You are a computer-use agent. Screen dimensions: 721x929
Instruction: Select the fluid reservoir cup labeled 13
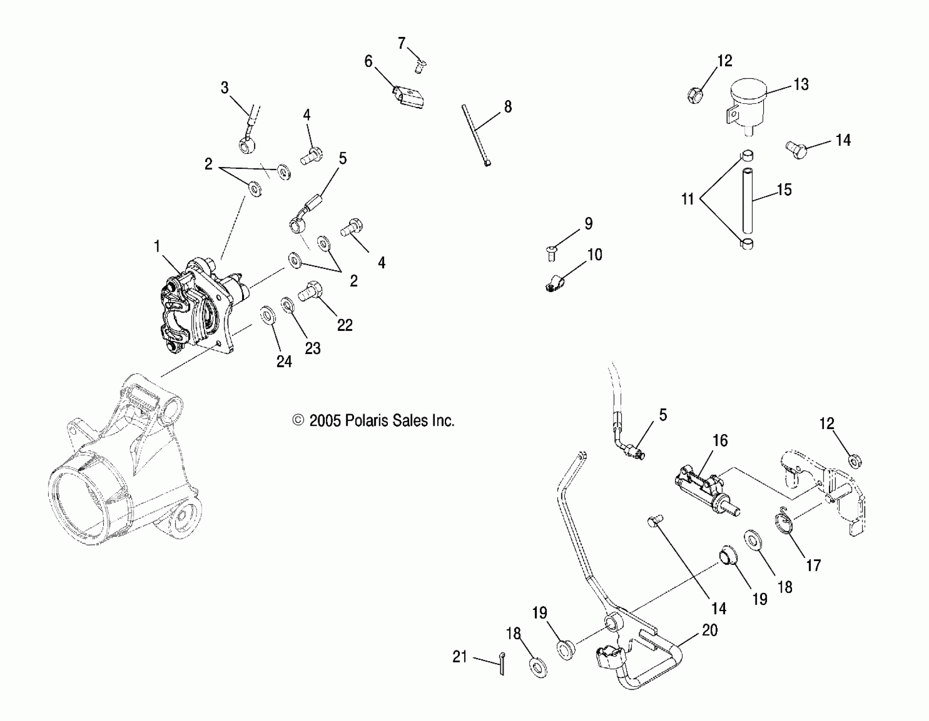[748, 102]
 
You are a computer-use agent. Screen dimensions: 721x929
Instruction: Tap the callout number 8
[508, 107]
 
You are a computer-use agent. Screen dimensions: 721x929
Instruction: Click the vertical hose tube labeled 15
[748, 200]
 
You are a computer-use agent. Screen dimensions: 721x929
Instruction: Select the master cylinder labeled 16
[706, 494]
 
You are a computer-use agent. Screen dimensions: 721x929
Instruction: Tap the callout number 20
[709, 630]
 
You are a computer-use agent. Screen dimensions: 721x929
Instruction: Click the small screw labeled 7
[420, 66]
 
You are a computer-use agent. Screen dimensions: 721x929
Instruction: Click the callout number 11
[687, 198]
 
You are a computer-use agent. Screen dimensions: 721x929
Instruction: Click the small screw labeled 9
[551, 254]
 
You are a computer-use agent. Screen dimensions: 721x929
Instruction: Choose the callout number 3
[225, 88]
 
